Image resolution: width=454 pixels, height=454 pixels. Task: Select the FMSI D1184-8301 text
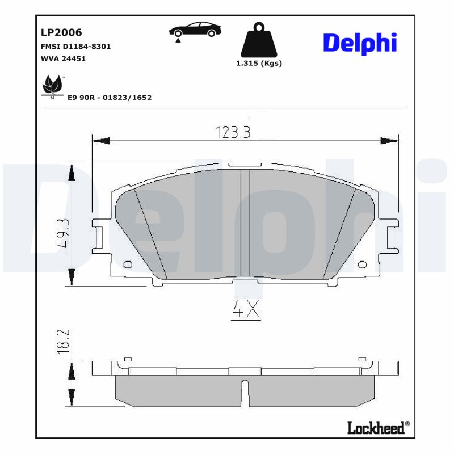pyautogui.click(x=75, y=47)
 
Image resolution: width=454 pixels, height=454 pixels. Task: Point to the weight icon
pyautogui.click(x=259, y=39)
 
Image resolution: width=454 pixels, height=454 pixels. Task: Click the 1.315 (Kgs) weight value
pyautogui.click(x=259, y=63)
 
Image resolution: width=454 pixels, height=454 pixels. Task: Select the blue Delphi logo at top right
pyautogui.click(x=359, y=43)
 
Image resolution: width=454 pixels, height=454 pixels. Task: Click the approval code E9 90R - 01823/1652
pyautogui.click(x=110, y=98)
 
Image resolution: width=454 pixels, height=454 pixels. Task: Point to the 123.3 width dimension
pyautogui.click(x=233, y=132)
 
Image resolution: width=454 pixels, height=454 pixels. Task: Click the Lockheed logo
pyautogui.click(x=378, y=428)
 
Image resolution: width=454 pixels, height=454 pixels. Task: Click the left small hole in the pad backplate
pyautogui.click(x=127, y=264)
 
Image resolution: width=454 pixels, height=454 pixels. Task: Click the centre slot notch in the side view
pyautogui.click(x=245, y=392)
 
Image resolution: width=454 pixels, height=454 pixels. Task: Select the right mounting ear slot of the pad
pyautogui.click(x=391, y=238)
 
